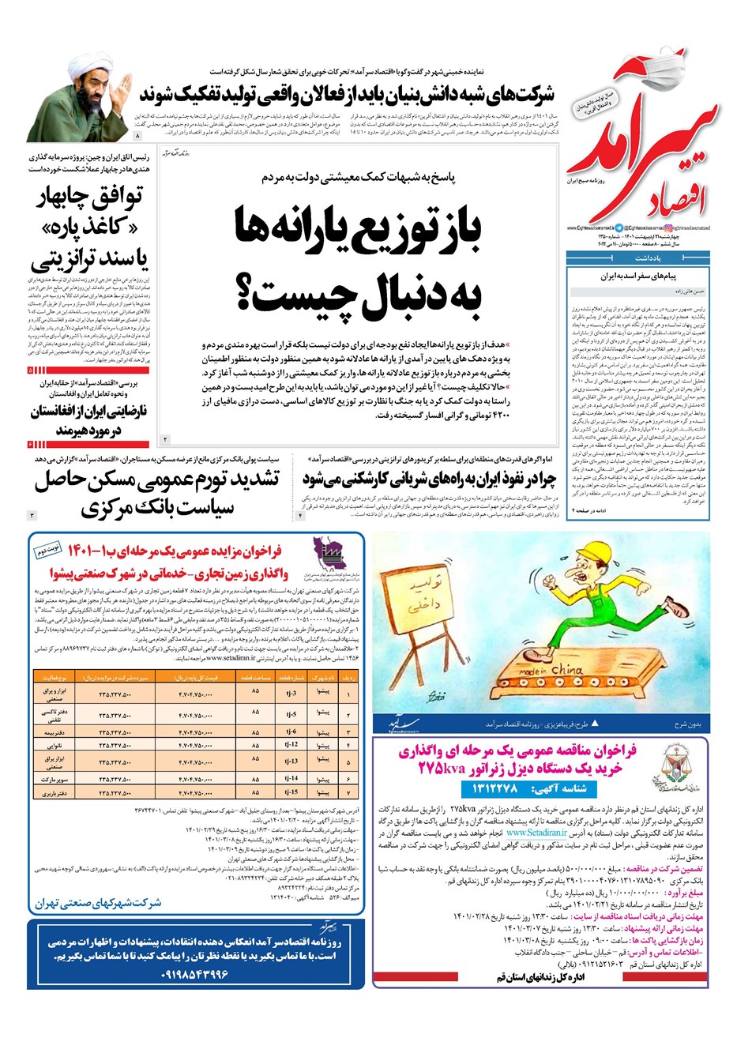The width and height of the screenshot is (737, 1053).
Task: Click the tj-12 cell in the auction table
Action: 291,745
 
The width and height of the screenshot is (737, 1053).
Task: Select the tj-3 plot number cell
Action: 291,694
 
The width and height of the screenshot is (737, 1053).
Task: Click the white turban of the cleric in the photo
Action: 88,64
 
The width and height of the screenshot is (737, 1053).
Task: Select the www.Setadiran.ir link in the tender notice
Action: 536,833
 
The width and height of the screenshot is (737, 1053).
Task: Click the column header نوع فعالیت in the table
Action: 55,678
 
